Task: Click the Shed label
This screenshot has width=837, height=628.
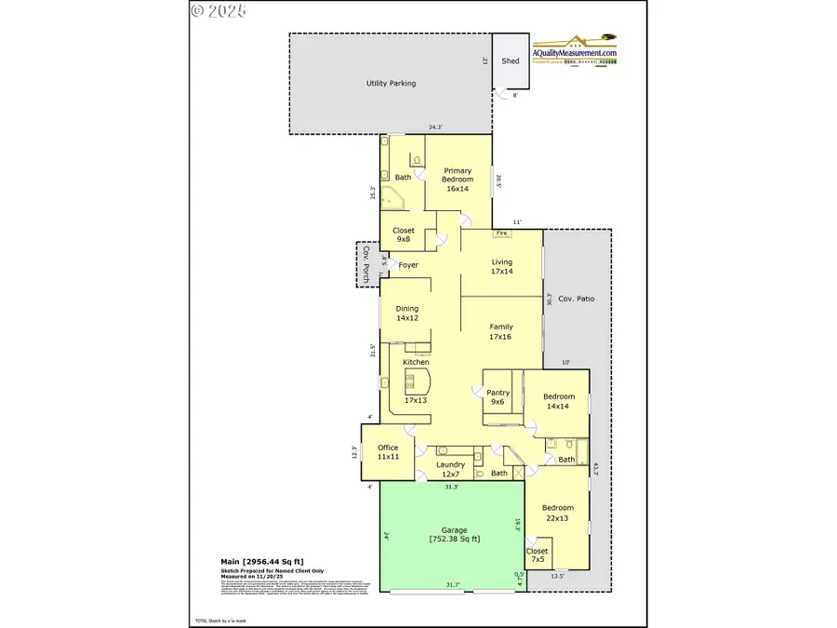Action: (x=511, y=61)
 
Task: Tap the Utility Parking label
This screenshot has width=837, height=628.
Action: (x=390, y=84)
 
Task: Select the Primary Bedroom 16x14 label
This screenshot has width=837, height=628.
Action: (x=457, y=180)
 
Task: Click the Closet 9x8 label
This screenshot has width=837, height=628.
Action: (x=403, y=234)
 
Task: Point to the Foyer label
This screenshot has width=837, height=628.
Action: (x=408, y=265)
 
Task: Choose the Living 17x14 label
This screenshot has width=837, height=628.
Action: (x=502, y=267)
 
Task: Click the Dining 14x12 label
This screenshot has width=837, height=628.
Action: (x=406, y=313)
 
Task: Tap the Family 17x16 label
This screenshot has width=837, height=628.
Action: (x=501, y=332)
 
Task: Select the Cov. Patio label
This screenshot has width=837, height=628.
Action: (x=577, y=300)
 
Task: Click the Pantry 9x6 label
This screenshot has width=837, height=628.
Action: (x=498, y=397)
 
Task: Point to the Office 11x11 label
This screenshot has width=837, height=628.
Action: (x=388, y=452)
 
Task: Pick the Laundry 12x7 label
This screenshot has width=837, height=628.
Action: (x=450, y=470)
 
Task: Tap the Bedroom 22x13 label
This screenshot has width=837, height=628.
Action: (x=558, y=514)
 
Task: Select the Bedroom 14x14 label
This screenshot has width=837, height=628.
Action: (x=559, y=401)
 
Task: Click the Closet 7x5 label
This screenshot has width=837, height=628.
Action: (x=538, y=555)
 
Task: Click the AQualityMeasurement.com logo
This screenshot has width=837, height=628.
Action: (x=574, y=50)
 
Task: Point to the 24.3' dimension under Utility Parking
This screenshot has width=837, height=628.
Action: (x=435, y=127)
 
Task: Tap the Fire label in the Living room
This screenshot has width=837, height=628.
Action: (x=501, y=233)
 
